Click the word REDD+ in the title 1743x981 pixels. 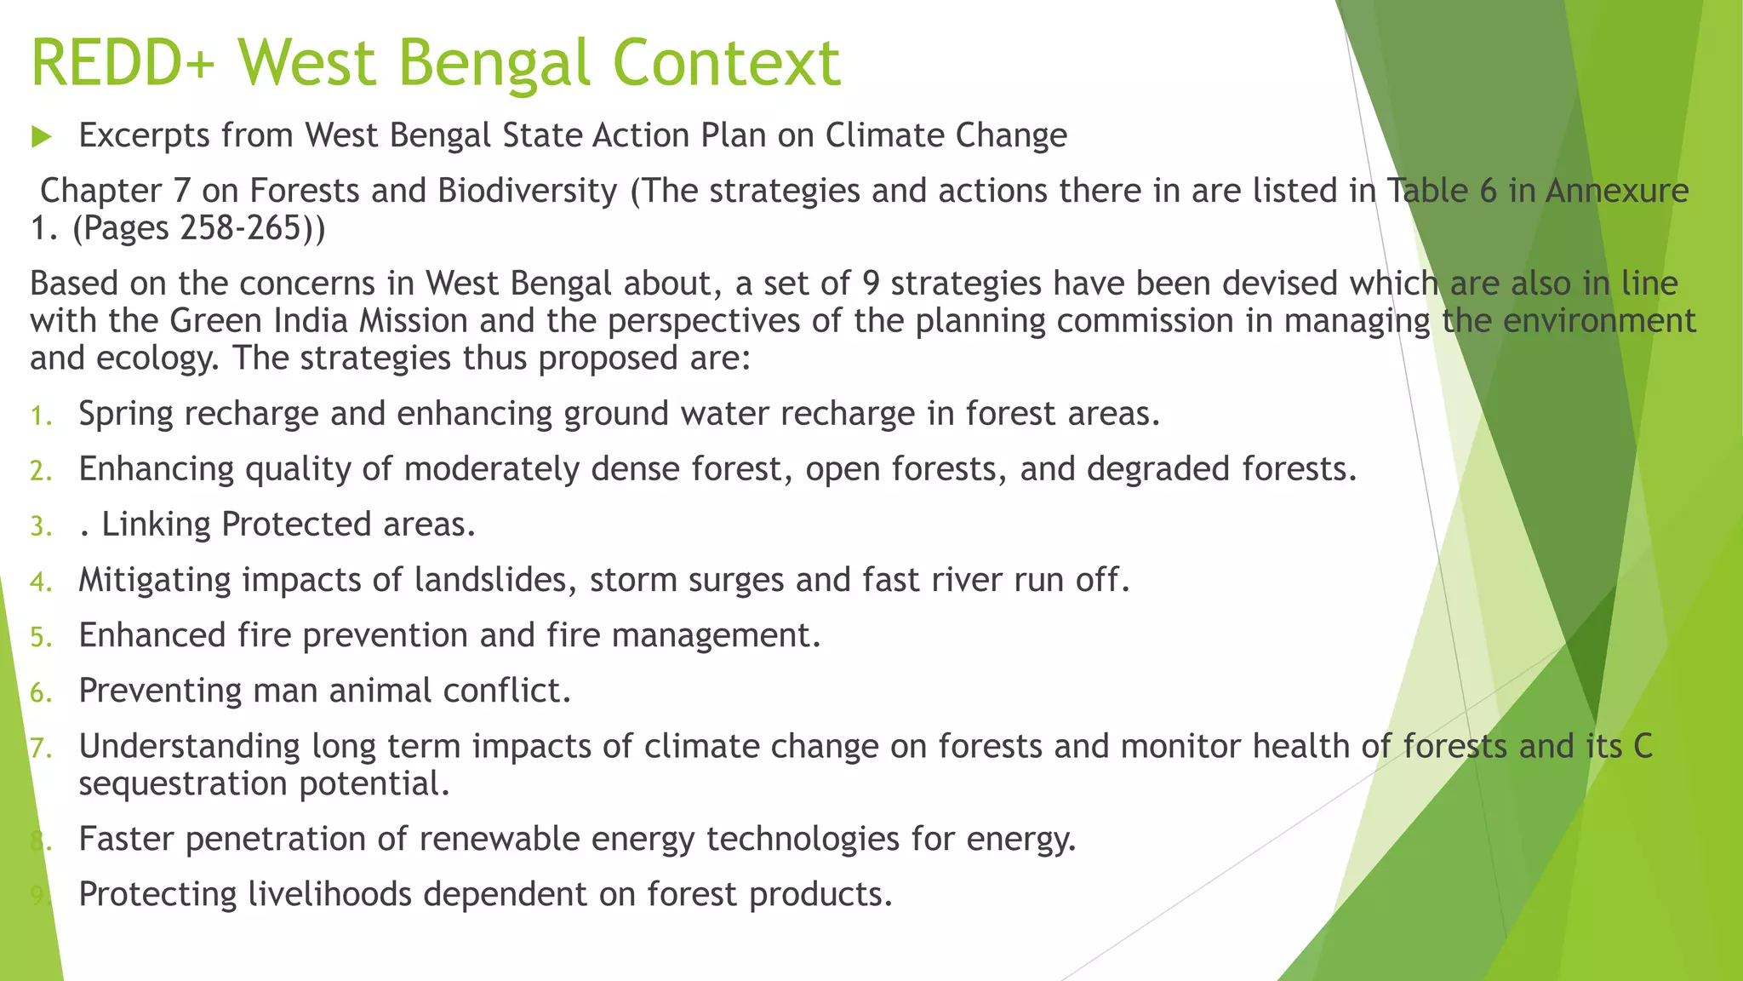[123, 63]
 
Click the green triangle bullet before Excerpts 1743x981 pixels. [42, 136]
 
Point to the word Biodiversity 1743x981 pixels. [528, 191]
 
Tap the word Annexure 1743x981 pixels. [1617, 191]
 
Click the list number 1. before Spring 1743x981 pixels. [42, 416]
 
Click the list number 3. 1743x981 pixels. [42, 526]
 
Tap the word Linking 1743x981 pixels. [156, 525]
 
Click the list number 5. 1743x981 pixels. [42, 637]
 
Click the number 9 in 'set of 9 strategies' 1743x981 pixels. [870, 284]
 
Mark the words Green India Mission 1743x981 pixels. [318, 321]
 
